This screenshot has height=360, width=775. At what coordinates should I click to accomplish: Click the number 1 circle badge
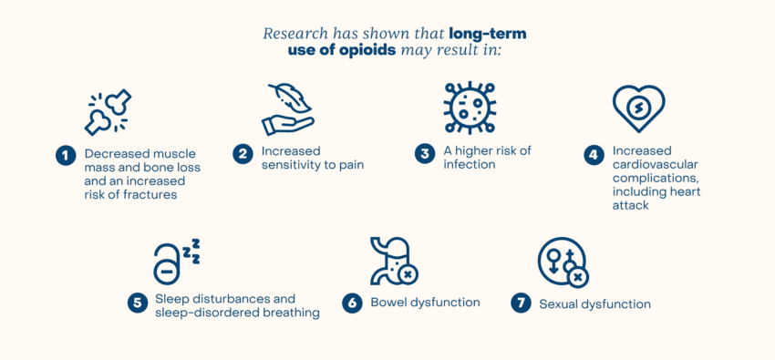[65, 155]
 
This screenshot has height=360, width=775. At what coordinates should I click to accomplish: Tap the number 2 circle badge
[243, 154]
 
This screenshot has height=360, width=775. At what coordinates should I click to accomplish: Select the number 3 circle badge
[425, 154]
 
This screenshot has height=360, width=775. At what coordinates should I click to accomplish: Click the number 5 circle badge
[138, 303]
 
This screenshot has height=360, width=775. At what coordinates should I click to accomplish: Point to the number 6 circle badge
[352, 303]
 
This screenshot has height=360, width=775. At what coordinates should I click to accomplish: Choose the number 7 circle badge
[521, 303]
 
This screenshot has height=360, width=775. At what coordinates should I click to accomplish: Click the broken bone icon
[108, 112]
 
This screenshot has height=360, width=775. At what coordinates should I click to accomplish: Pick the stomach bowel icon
[393, 262]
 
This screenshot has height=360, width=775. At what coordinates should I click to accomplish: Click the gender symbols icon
[563, 262]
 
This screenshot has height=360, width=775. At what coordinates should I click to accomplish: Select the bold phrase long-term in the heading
[488, 34]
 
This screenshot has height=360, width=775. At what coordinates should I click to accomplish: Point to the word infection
[470, 165]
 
